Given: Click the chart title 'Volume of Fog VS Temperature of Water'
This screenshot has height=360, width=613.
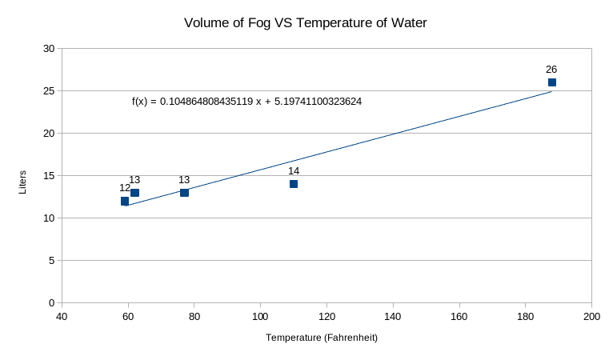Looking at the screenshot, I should point(306,23).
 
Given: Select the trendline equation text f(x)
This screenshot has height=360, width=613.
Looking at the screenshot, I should point(246,102).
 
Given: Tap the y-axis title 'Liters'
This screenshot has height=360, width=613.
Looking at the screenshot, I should point(22,182).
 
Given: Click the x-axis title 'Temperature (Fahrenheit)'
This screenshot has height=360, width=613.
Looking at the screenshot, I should point(322,338).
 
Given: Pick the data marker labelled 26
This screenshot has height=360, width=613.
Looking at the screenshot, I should point(551,82).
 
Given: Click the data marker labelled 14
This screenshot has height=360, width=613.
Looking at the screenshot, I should point(294,184).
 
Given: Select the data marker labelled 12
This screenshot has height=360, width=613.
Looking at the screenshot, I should point(125,201).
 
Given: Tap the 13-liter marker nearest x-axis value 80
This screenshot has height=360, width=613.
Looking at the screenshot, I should point(184,193).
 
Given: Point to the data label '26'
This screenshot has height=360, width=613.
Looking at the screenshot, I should point(551,70).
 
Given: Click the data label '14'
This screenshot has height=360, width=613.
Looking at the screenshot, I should point(294,171).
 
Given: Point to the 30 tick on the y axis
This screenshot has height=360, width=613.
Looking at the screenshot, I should point(49,49).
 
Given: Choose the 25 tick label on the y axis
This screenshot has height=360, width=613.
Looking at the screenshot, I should point(49,91).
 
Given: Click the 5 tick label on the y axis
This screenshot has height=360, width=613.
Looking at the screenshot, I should point(51,261).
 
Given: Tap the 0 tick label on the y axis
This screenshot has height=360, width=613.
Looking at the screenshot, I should point(51,303).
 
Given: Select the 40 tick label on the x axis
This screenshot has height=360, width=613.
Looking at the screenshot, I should point(62,316).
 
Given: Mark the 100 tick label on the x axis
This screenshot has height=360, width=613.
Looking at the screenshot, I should point(261,316).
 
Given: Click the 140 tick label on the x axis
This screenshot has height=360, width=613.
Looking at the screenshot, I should point(393,316).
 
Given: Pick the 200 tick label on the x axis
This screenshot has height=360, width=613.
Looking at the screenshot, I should point(592,316).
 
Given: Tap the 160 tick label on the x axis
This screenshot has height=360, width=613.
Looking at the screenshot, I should point(459,316).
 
